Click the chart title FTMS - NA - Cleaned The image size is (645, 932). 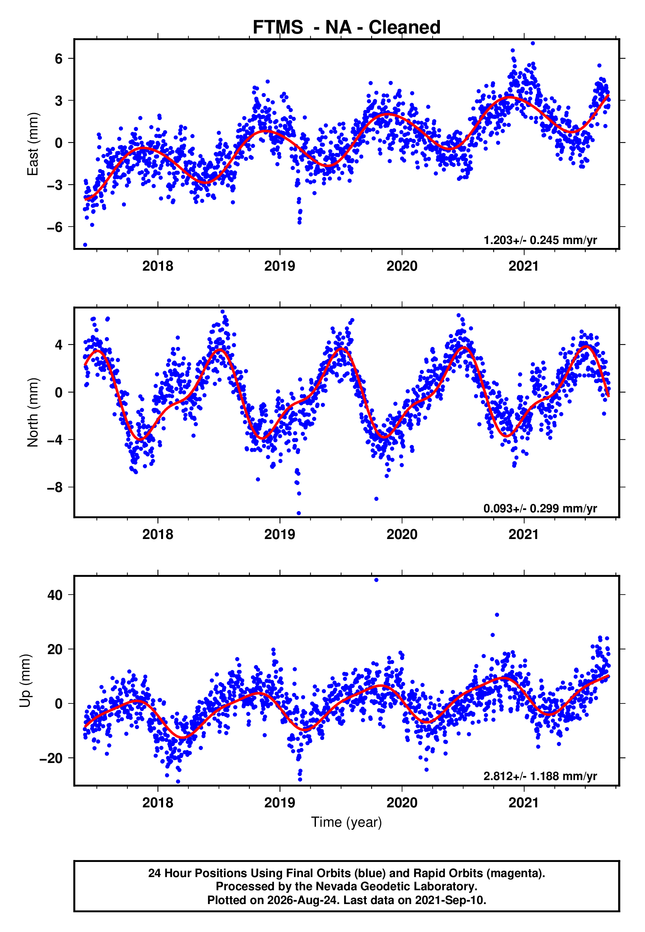point(346,28)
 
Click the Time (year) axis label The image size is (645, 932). point(346,822)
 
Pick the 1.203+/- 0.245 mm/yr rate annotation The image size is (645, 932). point(540,240)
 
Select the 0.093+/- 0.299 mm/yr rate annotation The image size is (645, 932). point(540,508)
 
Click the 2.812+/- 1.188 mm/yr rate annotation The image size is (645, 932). point(540,776)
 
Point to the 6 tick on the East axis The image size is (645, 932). point(59,59)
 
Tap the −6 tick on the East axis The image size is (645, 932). point(55,227)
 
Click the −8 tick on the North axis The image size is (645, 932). point(55,487)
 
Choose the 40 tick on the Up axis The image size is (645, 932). point(55,595)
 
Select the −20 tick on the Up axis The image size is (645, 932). point(51,758)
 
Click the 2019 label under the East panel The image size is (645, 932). point(280,266)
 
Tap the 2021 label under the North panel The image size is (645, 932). point(524,534)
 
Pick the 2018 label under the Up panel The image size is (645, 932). point(157,802)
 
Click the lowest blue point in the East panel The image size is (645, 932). point(85,245)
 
